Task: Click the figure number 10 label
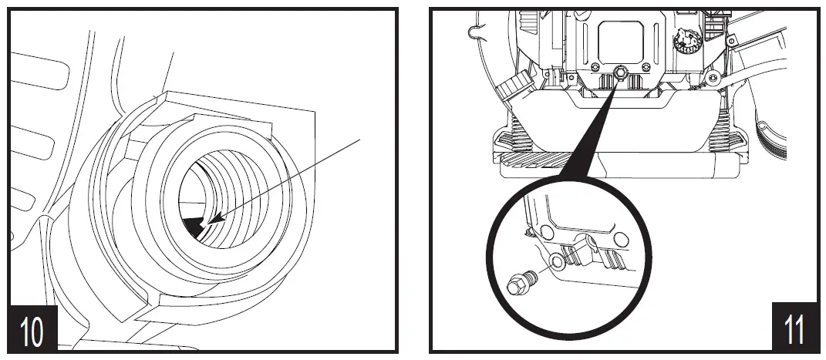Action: point(32,331)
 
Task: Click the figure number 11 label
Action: point(794,331)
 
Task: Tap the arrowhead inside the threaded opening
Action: point(215,219)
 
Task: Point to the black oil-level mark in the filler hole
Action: point(194,226)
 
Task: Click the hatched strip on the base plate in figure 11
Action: point(555,160)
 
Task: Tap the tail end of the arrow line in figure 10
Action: point(360,139)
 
